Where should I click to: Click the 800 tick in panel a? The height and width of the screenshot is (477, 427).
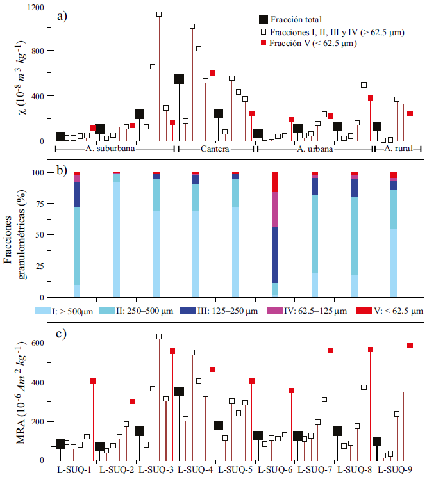[x=38, y=51]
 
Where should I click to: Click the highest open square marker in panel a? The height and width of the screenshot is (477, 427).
[x=159, y=14]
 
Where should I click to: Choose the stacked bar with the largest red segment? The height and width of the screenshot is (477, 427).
[x=275, y=182]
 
